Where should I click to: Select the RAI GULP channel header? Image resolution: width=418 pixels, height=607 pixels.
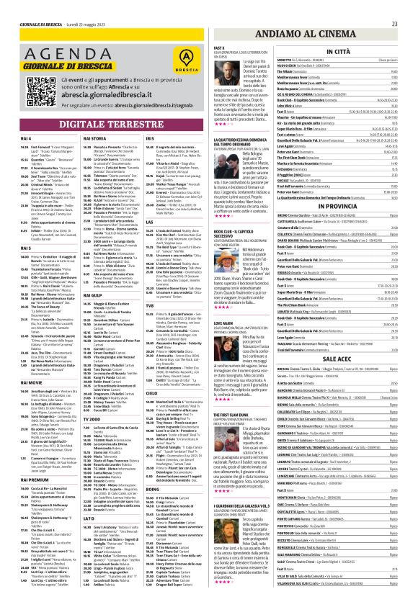coord(95,275)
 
